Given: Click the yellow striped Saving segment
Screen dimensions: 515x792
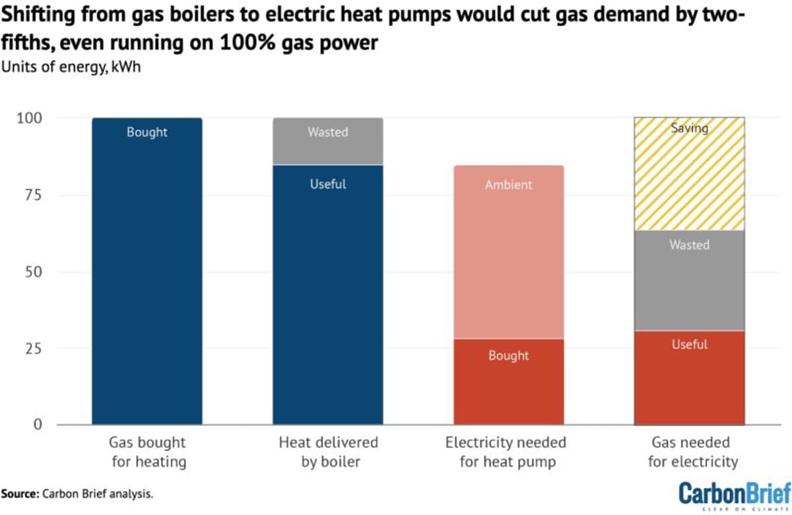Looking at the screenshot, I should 689,174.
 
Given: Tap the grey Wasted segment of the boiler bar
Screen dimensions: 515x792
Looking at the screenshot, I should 328,141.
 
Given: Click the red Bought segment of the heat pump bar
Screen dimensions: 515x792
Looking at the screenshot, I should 509,382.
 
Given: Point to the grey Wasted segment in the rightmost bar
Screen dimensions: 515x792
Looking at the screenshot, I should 689,280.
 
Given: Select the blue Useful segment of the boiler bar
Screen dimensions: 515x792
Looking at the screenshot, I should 328,294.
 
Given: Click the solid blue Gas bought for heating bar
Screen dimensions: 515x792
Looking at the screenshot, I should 147,271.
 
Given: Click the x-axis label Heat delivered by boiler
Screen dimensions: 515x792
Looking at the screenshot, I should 328,451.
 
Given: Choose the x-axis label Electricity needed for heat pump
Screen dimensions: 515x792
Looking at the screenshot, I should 509,451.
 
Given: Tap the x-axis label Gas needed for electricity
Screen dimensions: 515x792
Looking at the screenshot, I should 689,451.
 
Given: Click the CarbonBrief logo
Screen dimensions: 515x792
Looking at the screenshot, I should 733,493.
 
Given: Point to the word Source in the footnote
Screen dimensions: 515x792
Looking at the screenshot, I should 19,493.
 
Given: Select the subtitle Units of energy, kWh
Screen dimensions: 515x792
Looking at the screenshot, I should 71,67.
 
